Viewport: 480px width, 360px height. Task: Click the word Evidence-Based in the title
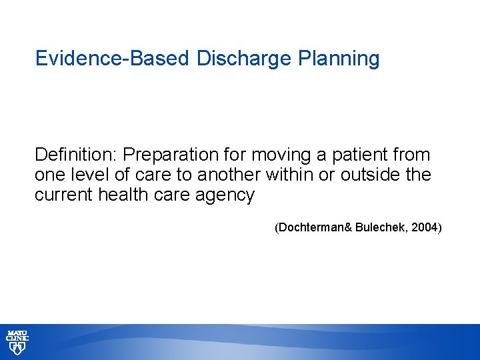[x=113, y=59]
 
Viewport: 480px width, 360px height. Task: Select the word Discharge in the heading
[x=243, y=59]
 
